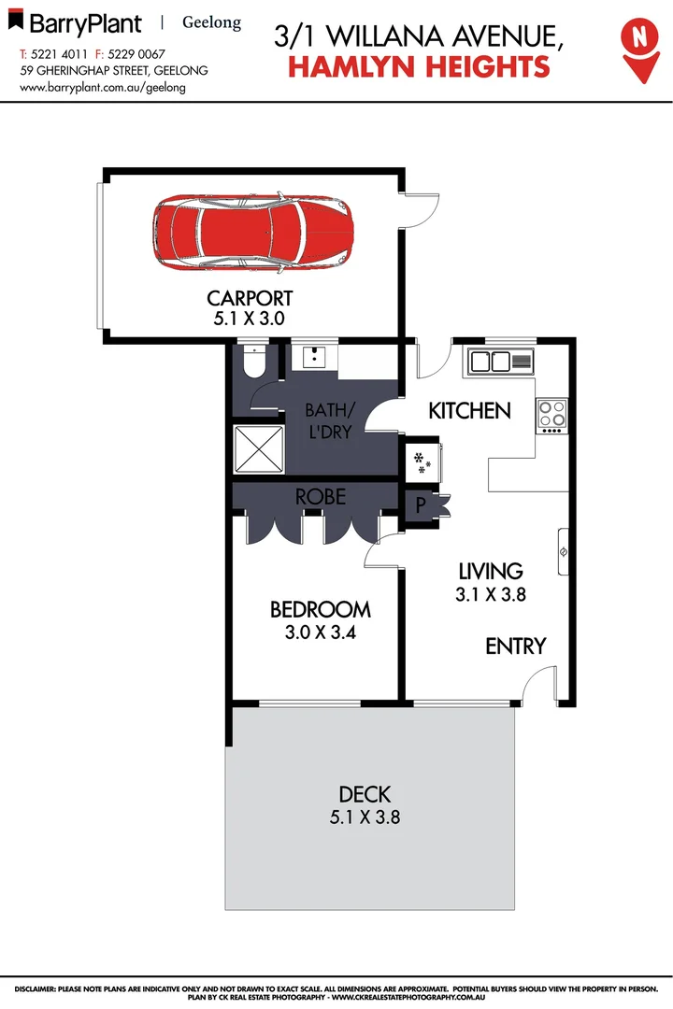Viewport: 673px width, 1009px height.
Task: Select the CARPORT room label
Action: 250,299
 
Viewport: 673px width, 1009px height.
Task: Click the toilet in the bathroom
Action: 252,362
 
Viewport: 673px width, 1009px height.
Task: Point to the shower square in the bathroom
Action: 259,449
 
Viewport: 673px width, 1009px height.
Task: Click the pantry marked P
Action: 420,505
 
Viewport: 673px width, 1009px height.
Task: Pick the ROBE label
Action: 321,497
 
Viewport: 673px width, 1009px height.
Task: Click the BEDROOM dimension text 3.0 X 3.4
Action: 321,632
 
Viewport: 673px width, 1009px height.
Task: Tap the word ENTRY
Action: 515,646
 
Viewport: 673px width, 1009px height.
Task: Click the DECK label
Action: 365,795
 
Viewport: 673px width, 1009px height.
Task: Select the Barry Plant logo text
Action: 84,23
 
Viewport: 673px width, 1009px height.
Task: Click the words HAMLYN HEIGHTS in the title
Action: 419,65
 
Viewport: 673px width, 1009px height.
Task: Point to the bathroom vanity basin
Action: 313,357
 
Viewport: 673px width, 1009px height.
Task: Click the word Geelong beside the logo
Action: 211,22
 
